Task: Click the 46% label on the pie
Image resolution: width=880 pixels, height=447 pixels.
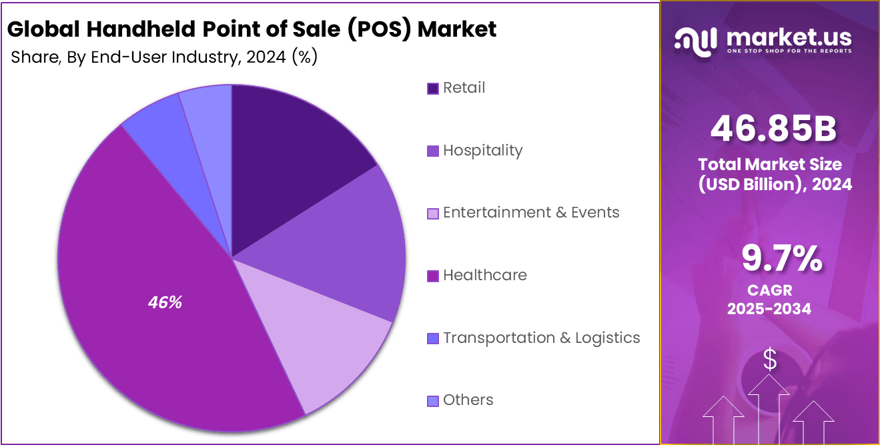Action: click(x=165, y=302)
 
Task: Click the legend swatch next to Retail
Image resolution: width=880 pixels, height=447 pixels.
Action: click(x=433, y=88)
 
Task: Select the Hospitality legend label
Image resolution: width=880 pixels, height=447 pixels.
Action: click(x=482, y=150)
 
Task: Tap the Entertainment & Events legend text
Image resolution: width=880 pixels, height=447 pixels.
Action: click(x=531, y=212)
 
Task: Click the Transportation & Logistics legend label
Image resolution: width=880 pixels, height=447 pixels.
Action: click(x=541, y=338)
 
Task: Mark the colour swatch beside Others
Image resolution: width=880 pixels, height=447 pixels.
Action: click(x=433, y=401)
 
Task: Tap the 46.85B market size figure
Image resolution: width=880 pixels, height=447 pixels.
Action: click(x=773, y=129)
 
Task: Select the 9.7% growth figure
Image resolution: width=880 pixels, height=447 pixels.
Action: click(x=781, y=259)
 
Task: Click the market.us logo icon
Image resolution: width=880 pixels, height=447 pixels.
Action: click(x=695, y=41)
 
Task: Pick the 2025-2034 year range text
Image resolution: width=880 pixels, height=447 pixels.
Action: click(x=769, y=308)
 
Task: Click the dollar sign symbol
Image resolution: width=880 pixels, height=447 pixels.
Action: click(x=770, y=360)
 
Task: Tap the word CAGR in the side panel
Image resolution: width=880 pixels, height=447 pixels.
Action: click(x=769, y=291)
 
